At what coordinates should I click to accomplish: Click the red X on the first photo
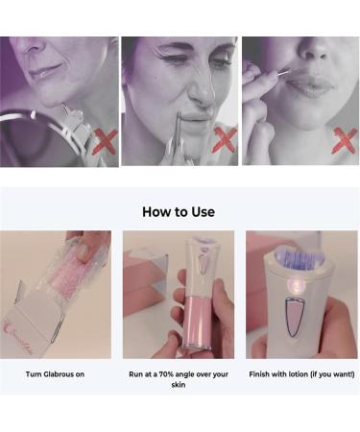pyautogui.click(x=102, y=144)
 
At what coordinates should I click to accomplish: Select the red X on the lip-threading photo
pyautogui.click(x=344, y=141)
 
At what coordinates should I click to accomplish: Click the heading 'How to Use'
pyautogui.click(x=179, y=211)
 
